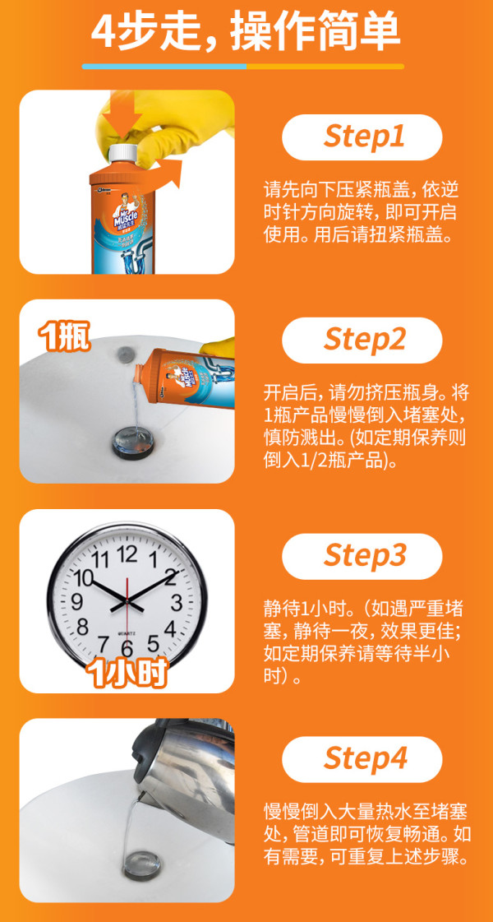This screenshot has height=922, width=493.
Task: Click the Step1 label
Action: pos(362,137)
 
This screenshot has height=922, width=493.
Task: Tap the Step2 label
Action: pos(362,340)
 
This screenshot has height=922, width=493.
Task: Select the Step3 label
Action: pos(362,555)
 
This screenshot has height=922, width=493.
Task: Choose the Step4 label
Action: pos(362,758)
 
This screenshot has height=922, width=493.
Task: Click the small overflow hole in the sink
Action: pos(125,354)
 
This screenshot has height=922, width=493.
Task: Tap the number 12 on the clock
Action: pos(127,554)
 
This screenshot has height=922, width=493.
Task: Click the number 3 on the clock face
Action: pos(177,602)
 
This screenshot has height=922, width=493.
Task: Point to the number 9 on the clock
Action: pos(76,601)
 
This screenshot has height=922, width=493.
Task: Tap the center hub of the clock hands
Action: pos(127,601)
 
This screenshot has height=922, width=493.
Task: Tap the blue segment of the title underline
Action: pos(164,67)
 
